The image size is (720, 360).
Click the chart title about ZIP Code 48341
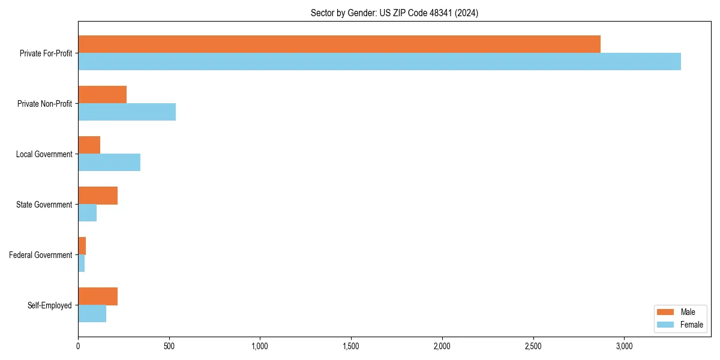394,13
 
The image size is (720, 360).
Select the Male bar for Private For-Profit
339,44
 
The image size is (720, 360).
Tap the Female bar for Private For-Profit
379,61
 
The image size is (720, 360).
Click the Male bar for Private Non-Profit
102,94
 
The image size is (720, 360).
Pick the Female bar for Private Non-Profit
127,112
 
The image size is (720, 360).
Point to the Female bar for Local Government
109,162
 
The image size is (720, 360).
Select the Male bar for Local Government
89,145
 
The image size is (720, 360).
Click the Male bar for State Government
98,195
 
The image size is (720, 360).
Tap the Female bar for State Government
87,212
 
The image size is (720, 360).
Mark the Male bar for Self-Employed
98,296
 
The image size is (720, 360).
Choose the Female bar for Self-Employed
92,313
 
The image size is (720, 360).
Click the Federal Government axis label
41,255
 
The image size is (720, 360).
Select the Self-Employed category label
50,305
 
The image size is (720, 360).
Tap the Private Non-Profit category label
44,104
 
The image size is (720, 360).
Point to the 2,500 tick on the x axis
533,346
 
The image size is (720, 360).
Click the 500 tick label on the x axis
169,346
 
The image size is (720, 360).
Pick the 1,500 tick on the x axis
351,346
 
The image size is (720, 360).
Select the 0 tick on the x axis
78,346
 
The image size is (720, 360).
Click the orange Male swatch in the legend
666,312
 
